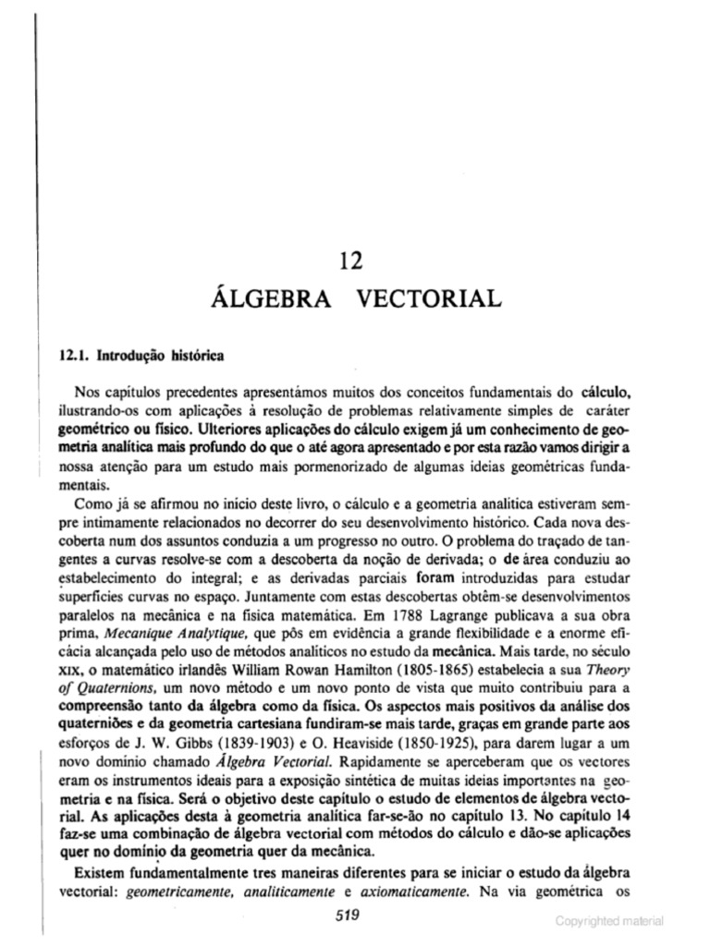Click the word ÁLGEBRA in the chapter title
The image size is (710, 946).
click(267, 298)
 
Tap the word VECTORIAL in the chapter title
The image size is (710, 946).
click(429, 298)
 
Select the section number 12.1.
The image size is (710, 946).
click(77, 355)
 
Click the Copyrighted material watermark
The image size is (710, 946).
click(609, 920)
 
